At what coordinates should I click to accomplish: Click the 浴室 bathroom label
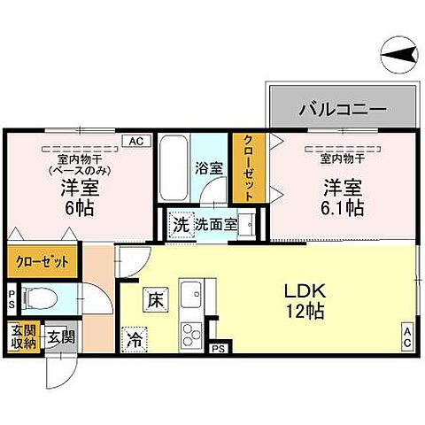208,166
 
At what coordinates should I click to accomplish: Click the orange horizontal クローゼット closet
42,262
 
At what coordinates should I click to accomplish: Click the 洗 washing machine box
180,225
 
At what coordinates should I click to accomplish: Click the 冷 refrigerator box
134,337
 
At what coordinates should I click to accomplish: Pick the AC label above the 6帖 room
137,140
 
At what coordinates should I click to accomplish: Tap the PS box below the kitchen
217,349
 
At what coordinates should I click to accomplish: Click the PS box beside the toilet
12,297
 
